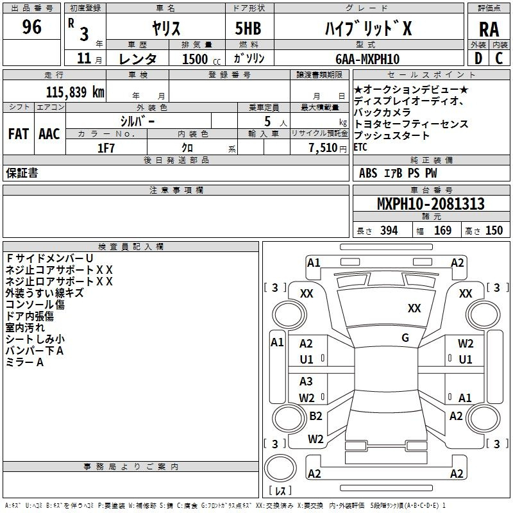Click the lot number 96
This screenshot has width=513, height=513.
pyautogui.click(x=31, y=26)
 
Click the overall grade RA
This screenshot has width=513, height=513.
pyautogui.click(x=489, y=29)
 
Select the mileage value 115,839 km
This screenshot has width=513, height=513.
pyautogui.click(x=75, y=92)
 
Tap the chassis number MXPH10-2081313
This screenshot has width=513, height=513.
pyautogui.click(x=430, y=203)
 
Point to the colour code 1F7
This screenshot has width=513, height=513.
pyautogui.click(x=106, y=148)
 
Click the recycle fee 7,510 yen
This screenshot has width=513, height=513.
pyautogui.click(x=328, y=148)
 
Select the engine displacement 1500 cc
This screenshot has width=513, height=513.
pyautogui.click(x=201, y=59)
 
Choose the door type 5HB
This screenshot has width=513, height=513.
pyautogui.click(x=248, y=28)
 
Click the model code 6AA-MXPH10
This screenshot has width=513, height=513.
pyautogui.click(x=367, y=59)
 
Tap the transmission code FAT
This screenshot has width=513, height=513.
pyautogui.click(x=19, y=134)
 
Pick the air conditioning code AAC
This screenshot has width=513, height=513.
pyautogui.click(x=49, y=134)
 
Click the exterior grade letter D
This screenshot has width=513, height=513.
pyautogui.click(x=478, y=58)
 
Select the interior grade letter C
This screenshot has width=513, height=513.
pyautogui.click(x=499, y=58)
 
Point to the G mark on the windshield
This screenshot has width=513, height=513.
pyautogui.click(x=405, y=337)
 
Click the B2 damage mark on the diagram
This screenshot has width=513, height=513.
pyautogui.click(x=315, y=416)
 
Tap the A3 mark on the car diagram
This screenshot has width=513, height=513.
pyautogui.click(x=306, y=381)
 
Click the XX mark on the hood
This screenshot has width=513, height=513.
pyautogui.click(x=414, y=308)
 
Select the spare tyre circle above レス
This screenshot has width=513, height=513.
pyautogui.click(x=280, y=468)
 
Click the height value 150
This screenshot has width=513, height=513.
pyautogui.click(x=494, y=230)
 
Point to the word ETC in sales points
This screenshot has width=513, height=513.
pyautogui.click(x=360, y=147)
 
